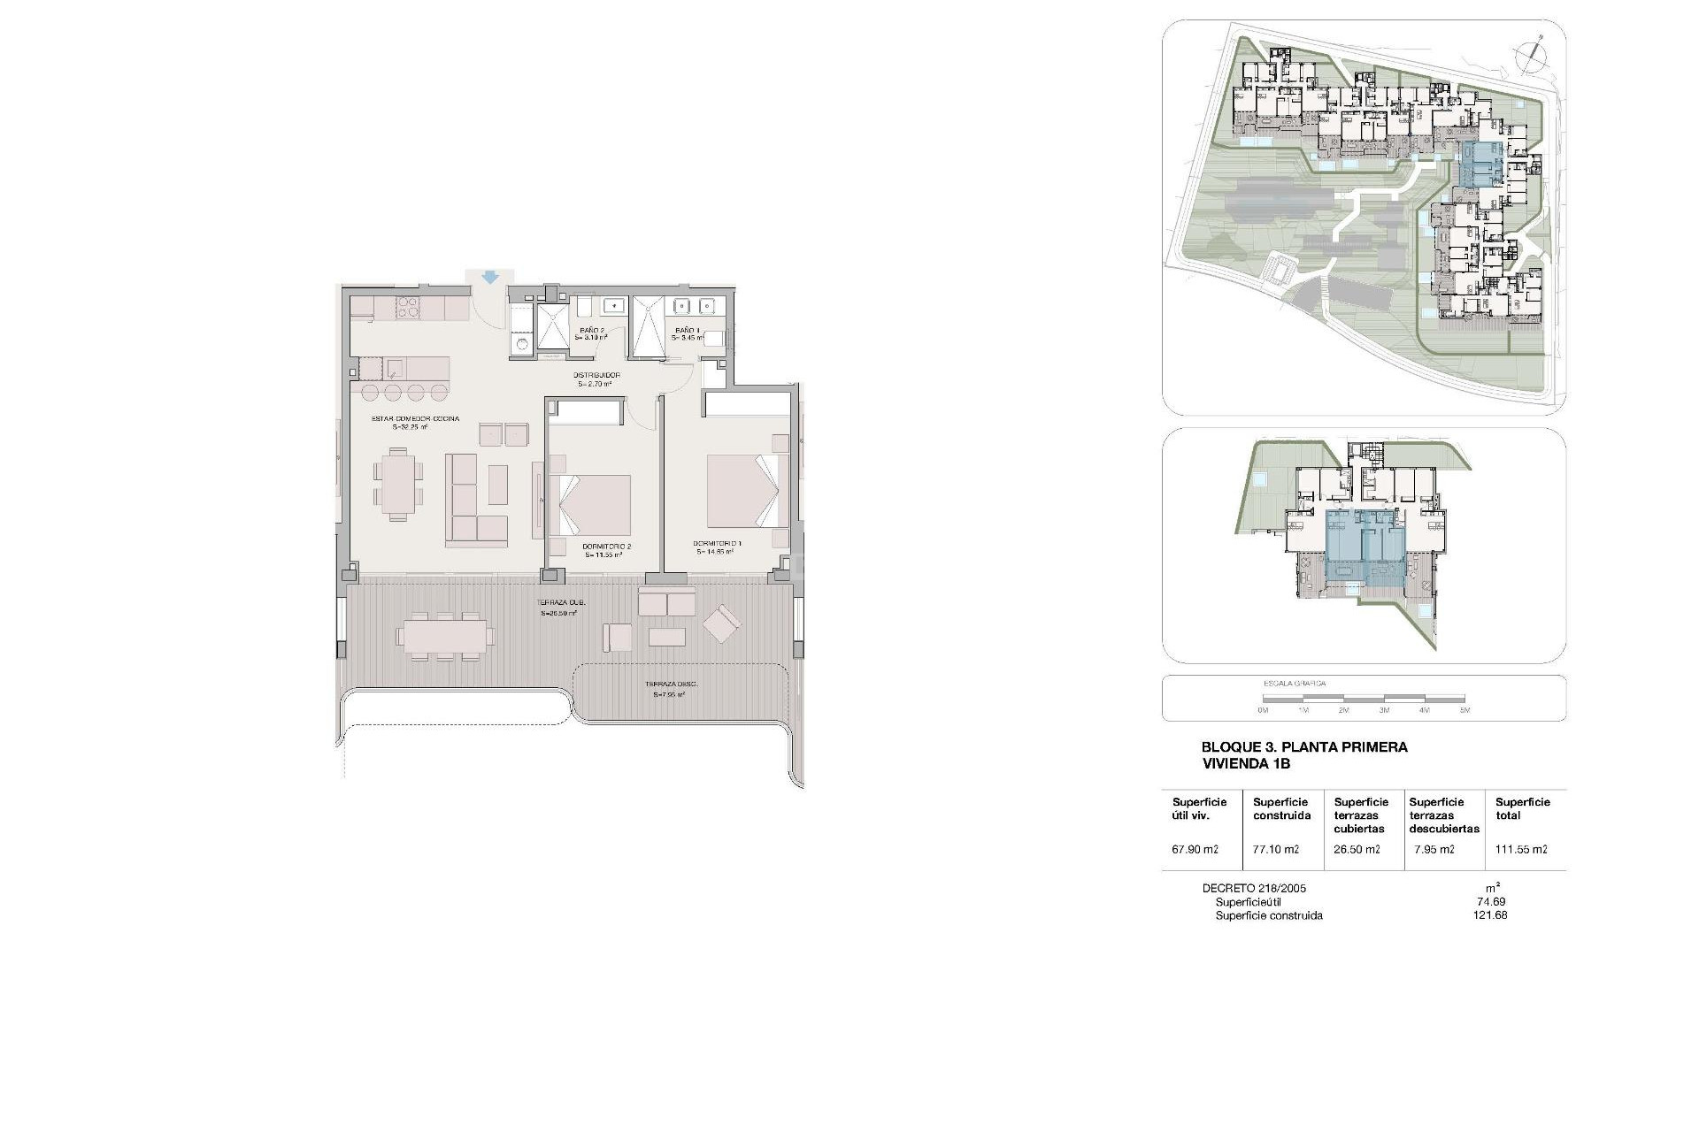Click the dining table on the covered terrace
(x=445, y=634)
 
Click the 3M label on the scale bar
(x=1383, y=710)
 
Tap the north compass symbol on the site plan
(x=1529, y=55)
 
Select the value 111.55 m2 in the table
(x=1521, y=850)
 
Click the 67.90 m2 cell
(x=1195, y=850)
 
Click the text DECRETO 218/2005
(x=1254, y=889)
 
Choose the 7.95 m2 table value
(x=1434, y=850)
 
